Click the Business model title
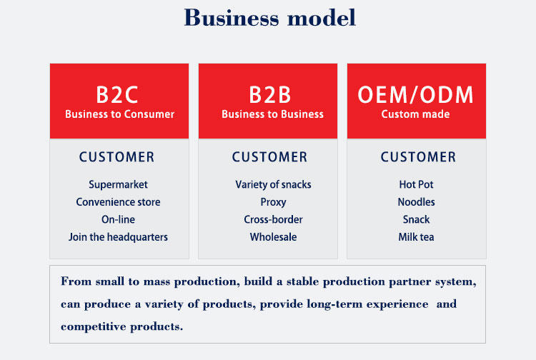[x=269, y=18]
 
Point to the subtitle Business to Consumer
[x=119, y=114]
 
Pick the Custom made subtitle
[x=415, y=114]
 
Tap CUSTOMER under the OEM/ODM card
[x=418, y=157]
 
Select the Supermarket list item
[x=118, y=184]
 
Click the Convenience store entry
[x=118, y=202]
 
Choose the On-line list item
[x=118, y=219]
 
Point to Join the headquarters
[x=118, y=237]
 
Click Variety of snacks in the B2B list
[x=273, y=184]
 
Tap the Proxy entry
[x=273, y=202]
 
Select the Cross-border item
[x=273, y=219]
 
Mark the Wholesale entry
[x=273, y=237]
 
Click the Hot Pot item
[x=416, y=184]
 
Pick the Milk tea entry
[x=416, y=237]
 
